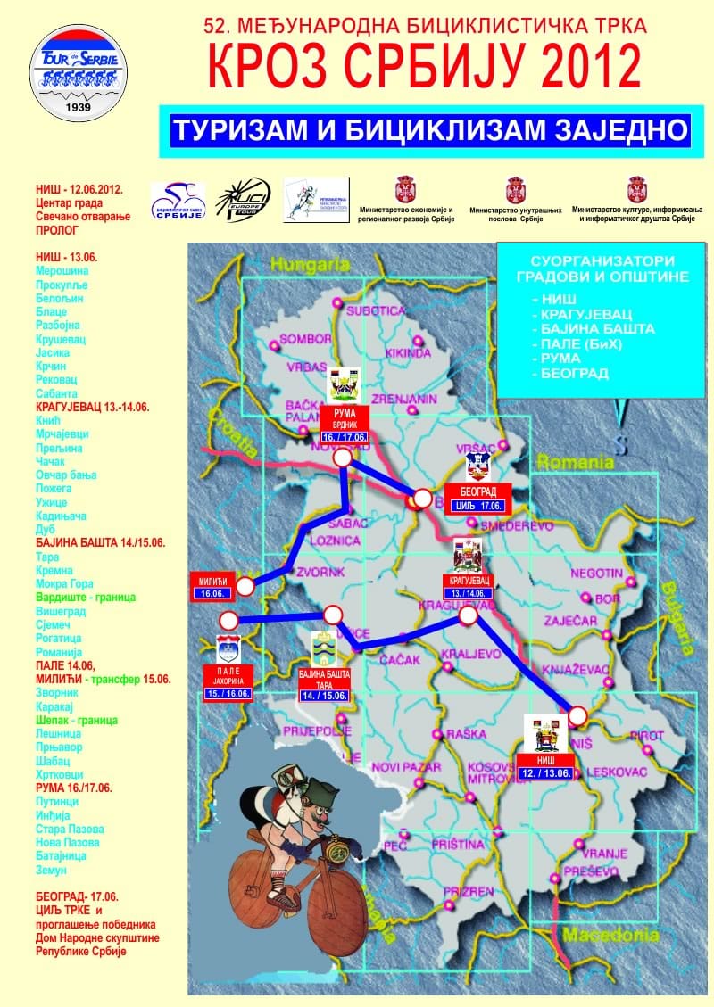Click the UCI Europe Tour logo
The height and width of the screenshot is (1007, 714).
pos(242,202)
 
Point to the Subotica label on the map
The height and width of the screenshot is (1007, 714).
pos(376,311)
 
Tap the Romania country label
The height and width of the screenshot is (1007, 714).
pos(575,463)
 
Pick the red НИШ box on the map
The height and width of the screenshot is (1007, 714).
pos(544,766)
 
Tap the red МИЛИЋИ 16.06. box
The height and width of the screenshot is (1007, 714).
pos(212,584)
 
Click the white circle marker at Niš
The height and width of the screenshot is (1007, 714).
pos(578,715)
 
